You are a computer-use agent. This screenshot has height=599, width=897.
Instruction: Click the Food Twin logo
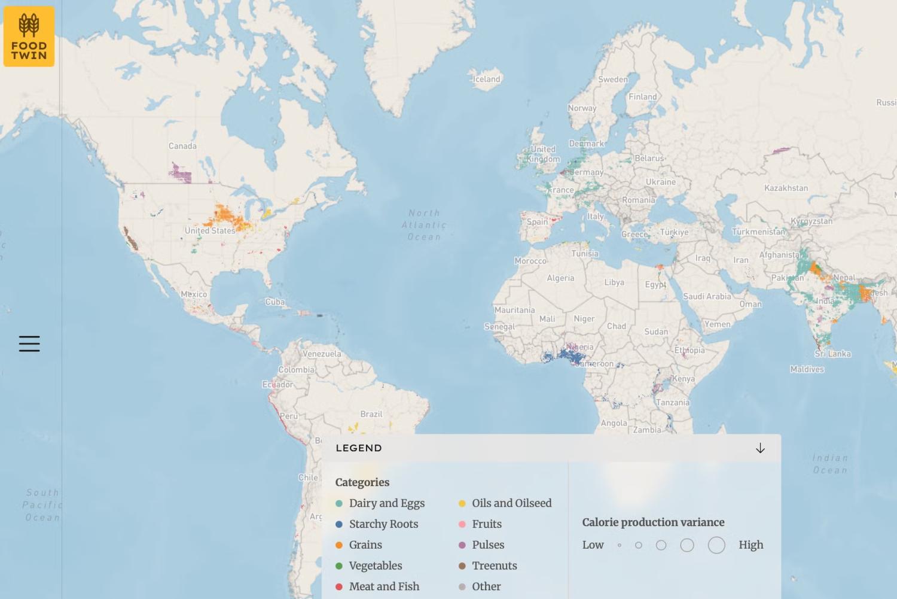coord(29,37)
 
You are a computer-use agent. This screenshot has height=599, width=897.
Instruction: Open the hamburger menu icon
coord(29,343)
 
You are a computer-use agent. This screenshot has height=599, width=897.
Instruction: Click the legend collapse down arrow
coord(760,448)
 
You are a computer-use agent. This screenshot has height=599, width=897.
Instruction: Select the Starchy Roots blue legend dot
coord(339,524)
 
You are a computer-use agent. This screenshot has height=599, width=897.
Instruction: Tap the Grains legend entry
coord(365,545)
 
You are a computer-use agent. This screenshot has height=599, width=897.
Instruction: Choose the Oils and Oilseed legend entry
coord(511,503)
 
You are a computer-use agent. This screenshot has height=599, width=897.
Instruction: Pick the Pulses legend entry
coord(487,545)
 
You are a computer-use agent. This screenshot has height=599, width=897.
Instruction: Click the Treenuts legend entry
coord(494,566)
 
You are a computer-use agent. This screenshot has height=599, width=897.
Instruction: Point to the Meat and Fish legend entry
coord(384,586)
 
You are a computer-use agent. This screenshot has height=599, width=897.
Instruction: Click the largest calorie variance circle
coord(716,545)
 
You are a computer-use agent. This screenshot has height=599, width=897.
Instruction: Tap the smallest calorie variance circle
coord(620,545)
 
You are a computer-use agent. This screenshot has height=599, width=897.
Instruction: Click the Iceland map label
coord(486,79)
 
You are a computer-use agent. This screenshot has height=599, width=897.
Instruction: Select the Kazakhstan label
coord(786,188)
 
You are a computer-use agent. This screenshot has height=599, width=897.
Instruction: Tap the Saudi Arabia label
coord(707,296)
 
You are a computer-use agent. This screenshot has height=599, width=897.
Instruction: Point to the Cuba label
coord(275,302)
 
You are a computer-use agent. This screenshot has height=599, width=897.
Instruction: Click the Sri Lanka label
coord(832,354)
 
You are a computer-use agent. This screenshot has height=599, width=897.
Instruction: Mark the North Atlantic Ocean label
coord(424,225)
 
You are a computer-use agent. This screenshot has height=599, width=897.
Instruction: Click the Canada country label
coord(182,146)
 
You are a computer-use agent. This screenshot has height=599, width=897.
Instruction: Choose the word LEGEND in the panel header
coord(359,448)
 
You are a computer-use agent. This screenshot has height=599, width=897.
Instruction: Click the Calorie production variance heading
coord(653,522)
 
